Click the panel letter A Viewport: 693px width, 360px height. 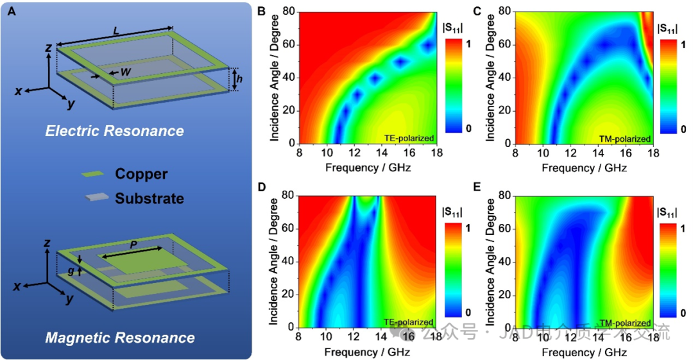[11, 11]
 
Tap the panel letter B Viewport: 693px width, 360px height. [262, 10]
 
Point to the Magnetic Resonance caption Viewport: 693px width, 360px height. [120, 337]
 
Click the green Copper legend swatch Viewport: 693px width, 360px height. [94, 174]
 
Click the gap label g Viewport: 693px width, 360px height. [71, 271]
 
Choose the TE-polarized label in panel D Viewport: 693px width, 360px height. [411, 321]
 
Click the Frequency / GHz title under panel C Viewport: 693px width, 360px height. [584, 168]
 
